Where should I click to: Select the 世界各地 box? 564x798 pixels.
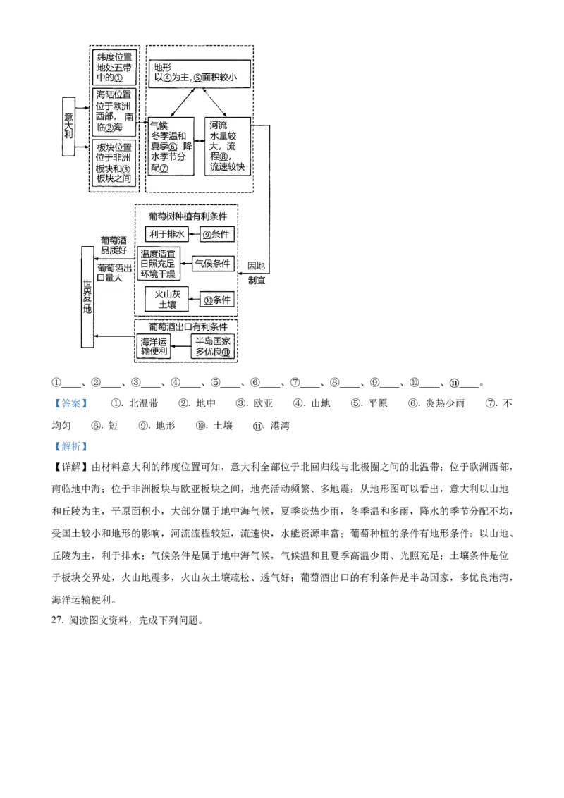[x=87, y=297]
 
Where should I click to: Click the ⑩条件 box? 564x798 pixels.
[x=217, y=300]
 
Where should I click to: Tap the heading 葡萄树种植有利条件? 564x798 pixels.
[x=188, y=215]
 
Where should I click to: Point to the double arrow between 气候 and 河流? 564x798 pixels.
[x=199, y=141]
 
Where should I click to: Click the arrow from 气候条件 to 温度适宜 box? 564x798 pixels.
[x=188, y=264]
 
